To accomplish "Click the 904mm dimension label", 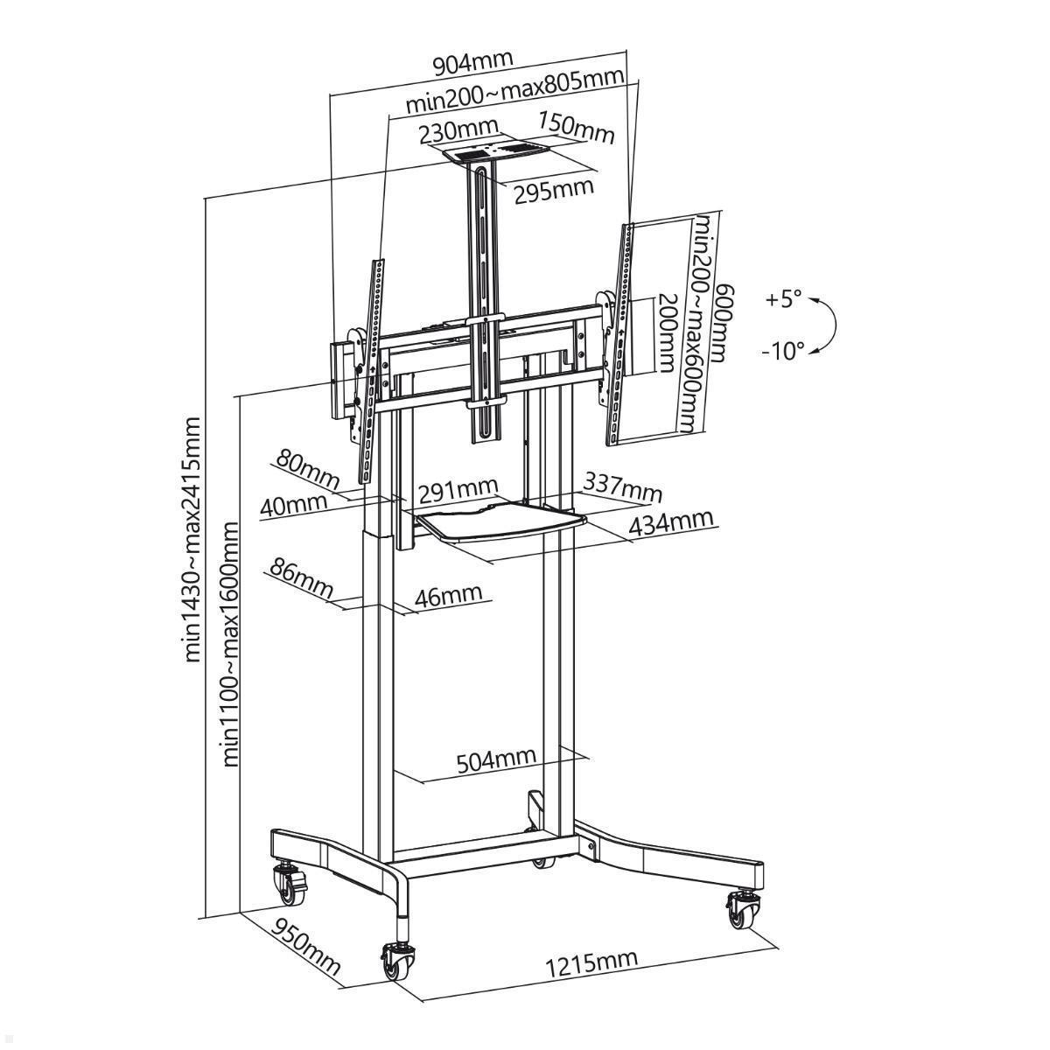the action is click(473, 62).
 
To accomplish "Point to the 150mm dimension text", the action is click(577, 129).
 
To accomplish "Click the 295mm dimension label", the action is click(554, 190).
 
